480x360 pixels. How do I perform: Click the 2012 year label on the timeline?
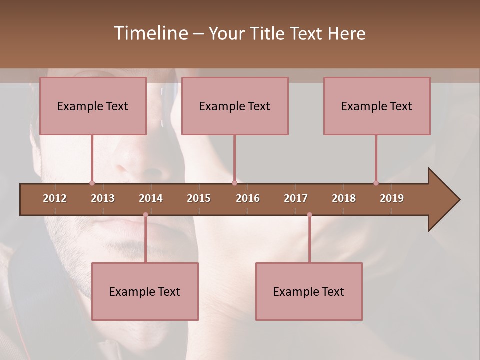click(x=55, y=198)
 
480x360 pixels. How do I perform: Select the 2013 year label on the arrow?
click(x=103, y=198)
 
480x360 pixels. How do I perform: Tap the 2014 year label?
click(x=151, y=198)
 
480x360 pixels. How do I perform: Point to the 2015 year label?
click(x=199, y=198)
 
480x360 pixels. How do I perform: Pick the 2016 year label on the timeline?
click(x=248, y=198)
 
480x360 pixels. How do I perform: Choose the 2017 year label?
click(x=296, y=198)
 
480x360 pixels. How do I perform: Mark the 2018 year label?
click(x=344, y=198)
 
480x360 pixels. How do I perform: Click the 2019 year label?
click(x=392, y=198)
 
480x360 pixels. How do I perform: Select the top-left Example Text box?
click(x=93, y=106)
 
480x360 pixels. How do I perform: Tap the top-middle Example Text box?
click(x=235, y=106)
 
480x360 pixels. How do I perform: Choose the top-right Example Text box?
click(x=377, y=106)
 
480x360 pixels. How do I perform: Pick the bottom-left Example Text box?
click(x=145, y=291)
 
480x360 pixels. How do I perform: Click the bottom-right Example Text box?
click(x=309, y=291)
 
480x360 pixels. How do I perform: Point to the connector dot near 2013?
click(x=92, y=183)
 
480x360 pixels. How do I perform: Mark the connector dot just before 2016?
click(x=234, y=183)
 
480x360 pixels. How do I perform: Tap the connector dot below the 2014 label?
click(x=145, y=215)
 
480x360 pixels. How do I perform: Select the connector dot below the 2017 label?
click(x=309, y=215)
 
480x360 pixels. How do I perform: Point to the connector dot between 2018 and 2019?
click(x=376, y=183)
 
